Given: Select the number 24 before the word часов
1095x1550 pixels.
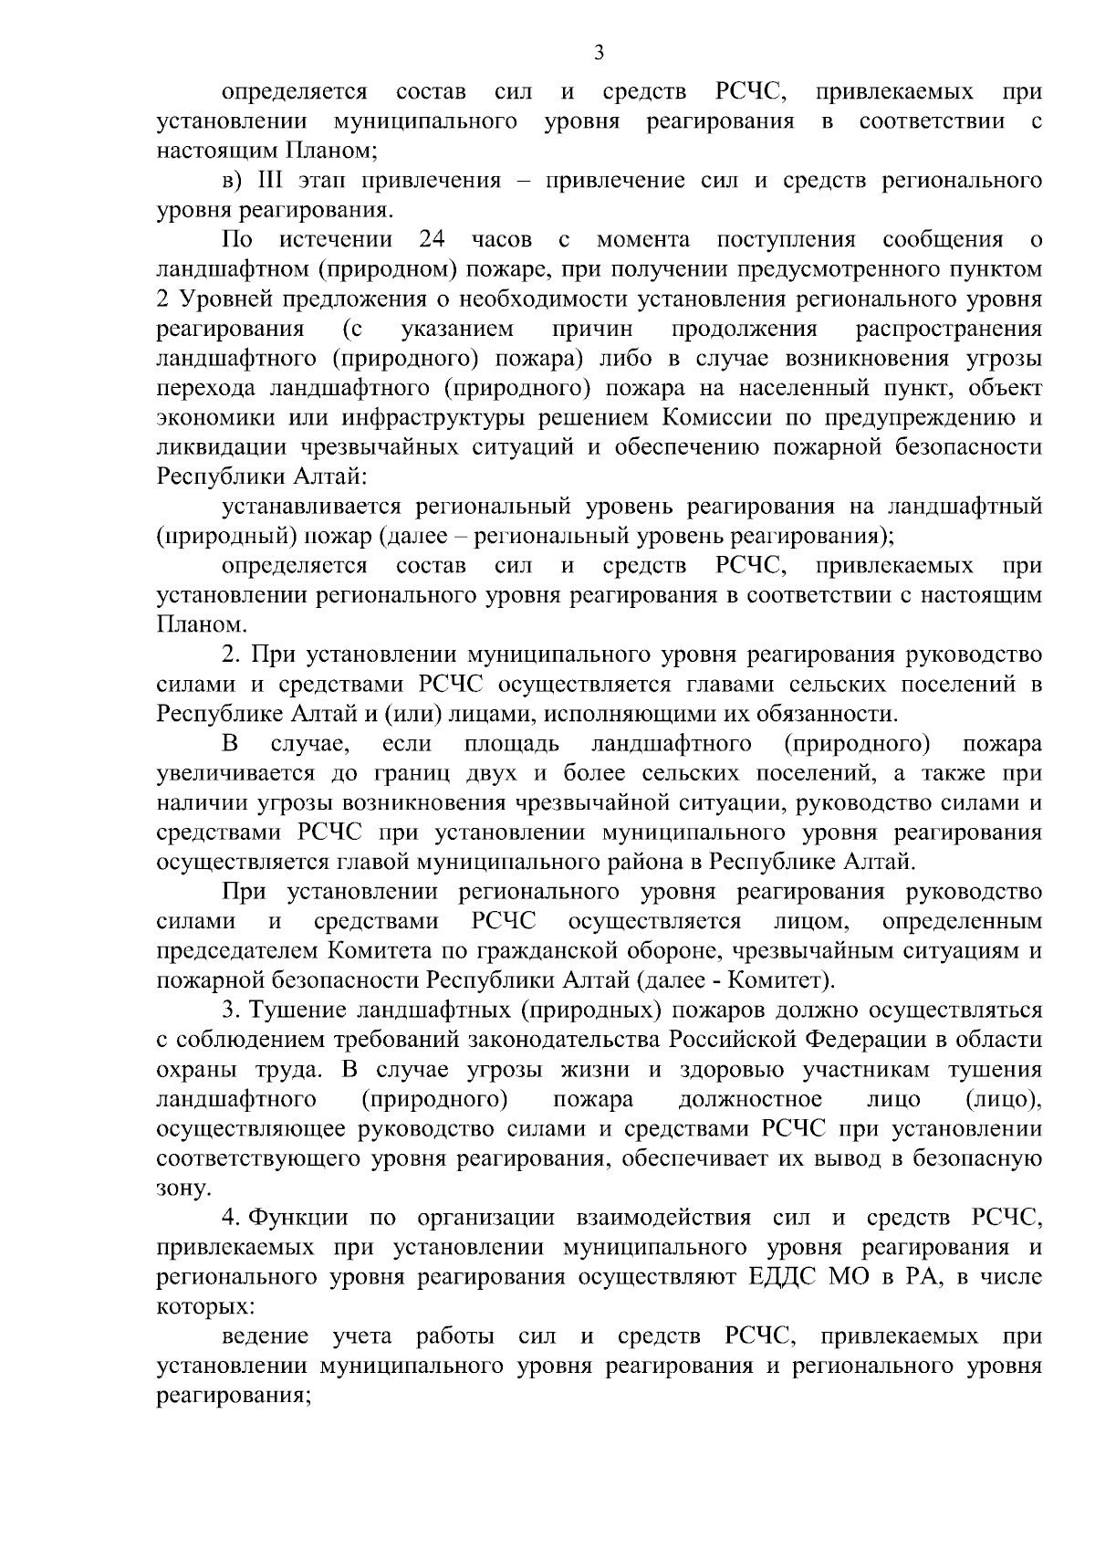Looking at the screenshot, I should (x=431, y=240).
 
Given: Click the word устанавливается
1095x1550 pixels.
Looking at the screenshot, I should (x=312, y=506).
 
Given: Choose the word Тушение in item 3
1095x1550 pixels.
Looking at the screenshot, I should (x=297, y=1011).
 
